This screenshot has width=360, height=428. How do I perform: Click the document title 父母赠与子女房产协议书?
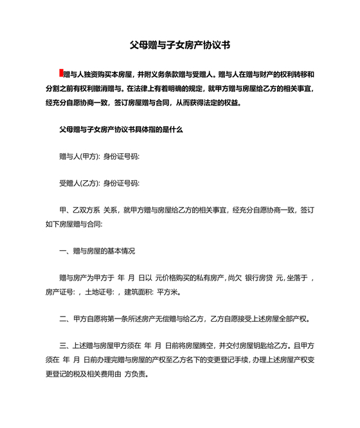179,46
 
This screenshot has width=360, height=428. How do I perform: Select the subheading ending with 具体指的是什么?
121,129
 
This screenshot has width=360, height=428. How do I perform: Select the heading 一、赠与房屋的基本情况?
97,250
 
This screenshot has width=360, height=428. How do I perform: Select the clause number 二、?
63,319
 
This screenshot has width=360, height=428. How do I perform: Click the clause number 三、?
63,345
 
